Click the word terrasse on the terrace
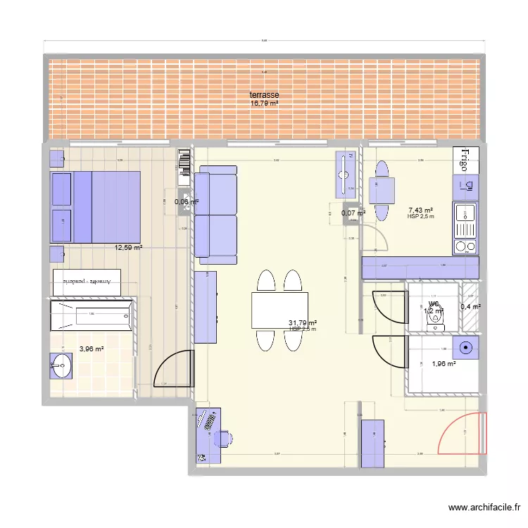click(x=264, y=95)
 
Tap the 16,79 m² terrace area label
click(x=264, y=103)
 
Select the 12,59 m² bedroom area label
click(x=129, y=248)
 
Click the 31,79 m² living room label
click(x=302, y=323)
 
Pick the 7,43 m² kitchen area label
click(x=420, y=210)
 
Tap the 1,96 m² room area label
click(x=444, y=364)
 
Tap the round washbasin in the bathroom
click(x=61, y=365)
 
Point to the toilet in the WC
click(x=437, y=316)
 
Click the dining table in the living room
click(x=279, y=310)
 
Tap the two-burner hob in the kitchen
click(x=465, y=246)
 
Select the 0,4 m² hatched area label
click(x=470, y=307)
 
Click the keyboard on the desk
click(x=208, y=422)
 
